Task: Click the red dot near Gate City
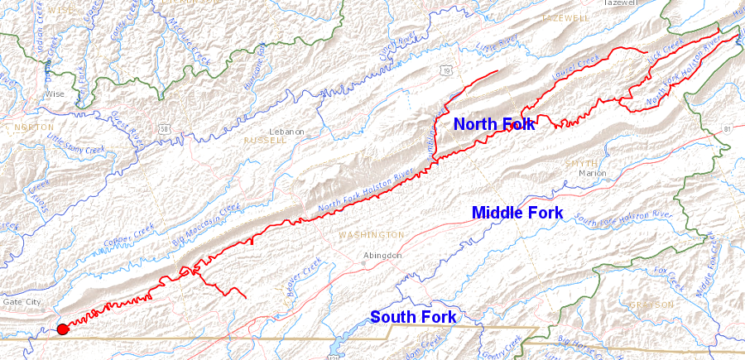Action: pos(62,329)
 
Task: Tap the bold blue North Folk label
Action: pos(494,124)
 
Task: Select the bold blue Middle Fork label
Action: pos(517,213)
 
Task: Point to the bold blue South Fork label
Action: pos(413,316)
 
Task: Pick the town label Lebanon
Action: pos(287,132)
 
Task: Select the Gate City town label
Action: pos(22,302)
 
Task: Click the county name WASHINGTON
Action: pos(371,235)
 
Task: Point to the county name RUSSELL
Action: pos(264,141)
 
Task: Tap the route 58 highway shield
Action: pos(167,128)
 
